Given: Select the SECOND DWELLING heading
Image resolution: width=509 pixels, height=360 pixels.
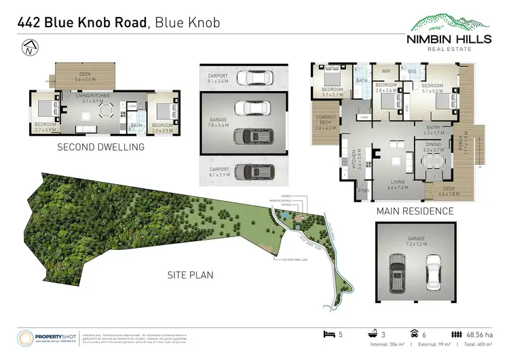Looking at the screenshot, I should click(x=100, y=147).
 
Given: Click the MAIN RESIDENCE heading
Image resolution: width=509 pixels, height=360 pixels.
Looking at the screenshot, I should click(x=415, y=211).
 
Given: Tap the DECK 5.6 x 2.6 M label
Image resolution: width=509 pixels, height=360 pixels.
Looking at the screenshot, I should click(x=85, y=77).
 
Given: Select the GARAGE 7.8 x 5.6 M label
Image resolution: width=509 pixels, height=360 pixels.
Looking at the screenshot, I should click(x=218, y=122).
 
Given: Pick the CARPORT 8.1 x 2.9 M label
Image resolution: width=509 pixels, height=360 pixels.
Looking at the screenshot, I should click(x=217, y=170).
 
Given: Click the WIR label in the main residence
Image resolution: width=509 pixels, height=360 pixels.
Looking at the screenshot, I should click(x=385, y=70).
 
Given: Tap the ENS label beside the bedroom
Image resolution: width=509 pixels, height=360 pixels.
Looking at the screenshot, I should click(x=412, y=70).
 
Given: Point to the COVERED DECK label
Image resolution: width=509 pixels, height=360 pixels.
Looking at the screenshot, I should click(x=326, y=122).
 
